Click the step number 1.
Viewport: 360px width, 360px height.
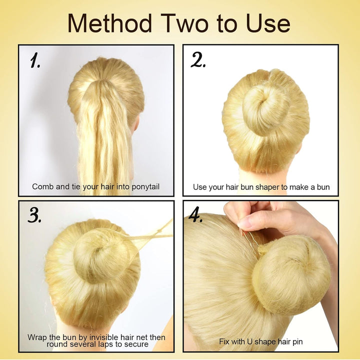tap(35, 61)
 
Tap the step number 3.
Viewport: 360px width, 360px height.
tap(34, 215)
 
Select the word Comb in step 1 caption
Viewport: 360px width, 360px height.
tap(42, 186)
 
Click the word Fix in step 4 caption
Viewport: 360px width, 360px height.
tap(225, 341)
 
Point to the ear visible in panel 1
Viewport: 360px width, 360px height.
tap(135, 123)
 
